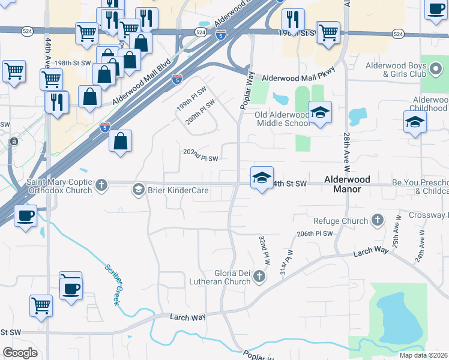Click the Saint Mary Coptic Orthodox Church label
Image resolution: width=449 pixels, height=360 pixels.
point(59,185)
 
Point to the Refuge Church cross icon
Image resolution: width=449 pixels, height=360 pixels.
point(377,221)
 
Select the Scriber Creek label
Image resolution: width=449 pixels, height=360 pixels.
point(113,284)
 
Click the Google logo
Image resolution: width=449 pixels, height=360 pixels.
point(20,353)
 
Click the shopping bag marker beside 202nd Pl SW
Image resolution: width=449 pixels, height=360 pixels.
point(120,142)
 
